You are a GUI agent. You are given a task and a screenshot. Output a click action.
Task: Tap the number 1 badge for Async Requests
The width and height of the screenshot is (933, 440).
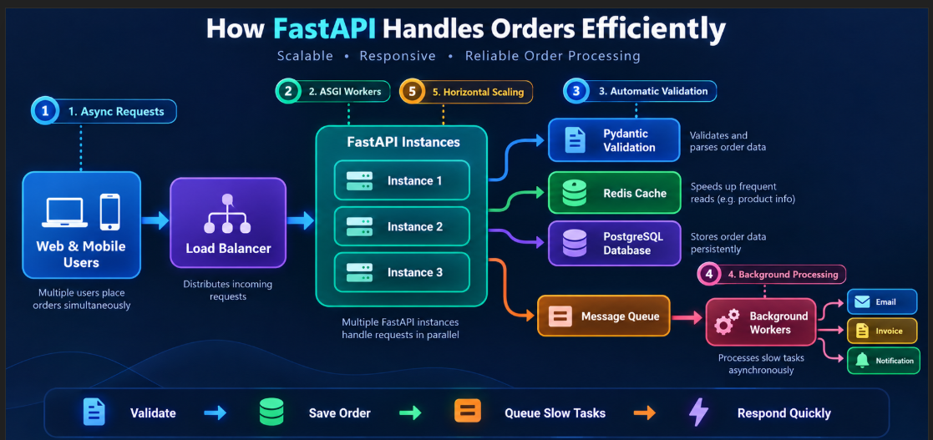point(45,111)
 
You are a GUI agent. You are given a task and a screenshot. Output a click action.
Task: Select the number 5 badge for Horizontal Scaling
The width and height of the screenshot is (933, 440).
point(412,92)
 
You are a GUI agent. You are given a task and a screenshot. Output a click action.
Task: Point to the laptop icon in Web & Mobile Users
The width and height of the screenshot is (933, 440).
point(65,213)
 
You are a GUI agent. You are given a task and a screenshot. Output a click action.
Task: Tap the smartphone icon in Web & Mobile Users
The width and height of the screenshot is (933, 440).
point(109,212)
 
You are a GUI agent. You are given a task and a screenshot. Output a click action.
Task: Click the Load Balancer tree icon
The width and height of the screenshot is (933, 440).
point(226,214)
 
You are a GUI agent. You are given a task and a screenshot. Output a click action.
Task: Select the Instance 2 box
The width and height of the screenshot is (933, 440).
point(402,226)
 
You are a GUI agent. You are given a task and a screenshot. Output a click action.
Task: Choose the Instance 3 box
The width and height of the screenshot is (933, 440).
point(402,272)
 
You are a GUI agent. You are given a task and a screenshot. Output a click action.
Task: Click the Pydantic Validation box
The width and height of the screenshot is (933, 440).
point(613,140)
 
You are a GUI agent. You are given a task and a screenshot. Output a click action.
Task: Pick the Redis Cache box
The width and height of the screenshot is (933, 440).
point(614,193)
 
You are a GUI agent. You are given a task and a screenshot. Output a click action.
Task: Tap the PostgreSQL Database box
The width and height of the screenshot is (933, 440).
point(614,243)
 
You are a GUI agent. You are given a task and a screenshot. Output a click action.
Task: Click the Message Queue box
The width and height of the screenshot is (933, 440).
point(603,316)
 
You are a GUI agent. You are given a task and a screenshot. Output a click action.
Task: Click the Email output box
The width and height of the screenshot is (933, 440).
point(882,302)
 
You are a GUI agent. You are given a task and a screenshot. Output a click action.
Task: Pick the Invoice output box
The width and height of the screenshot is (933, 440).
point(882,331)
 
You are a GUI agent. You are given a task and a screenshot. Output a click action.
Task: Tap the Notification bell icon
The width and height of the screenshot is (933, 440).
point(862,361)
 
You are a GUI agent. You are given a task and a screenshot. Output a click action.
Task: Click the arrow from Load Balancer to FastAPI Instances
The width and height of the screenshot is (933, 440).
point(301,221)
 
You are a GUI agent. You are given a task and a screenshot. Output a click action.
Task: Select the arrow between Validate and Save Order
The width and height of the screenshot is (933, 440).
point(216,412)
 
